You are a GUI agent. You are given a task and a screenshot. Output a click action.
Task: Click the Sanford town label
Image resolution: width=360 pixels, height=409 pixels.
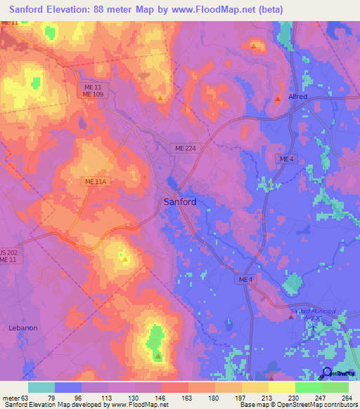180,202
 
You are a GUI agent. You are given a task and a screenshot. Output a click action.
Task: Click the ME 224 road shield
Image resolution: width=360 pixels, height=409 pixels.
186,148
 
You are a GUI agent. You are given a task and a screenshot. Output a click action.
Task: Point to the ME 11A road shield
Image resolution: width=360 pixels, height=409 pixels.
95,182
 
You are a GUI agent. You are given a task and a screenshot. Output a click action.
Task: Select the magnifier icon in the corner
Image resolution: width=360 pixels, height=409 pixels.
326,372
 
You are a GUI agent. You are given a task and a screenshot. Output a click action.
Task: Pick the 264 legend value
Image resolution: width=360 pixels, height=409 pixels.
347,398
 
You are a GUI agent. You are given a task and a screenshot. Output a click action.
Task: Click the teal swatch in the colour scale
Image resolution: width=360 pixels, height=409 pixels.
41,387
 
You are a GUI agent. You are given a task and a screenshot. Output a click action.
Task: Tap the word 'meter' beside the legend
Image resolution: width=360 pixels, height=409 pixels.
9,398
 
